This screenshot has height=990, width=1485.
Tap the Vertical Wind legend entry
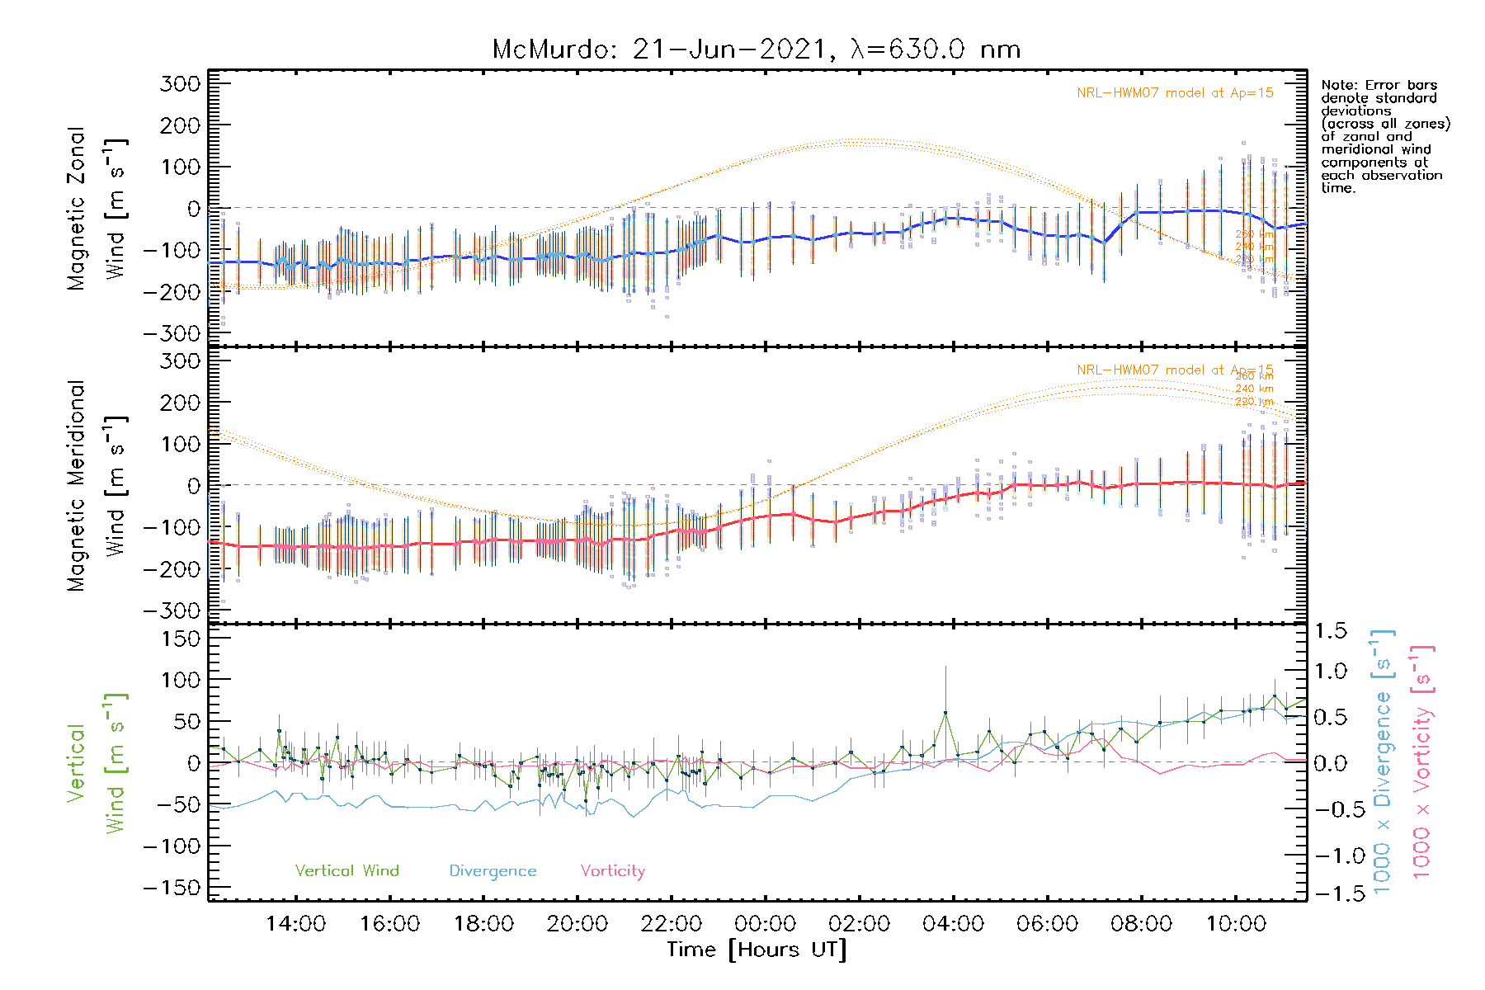(346, 870)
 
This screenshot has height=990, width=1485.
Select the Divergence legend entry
(493, 871)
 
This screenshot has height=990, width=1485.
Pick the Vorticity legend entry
(612, 870)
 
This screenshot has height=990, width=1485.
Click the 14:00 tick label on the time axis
(295, 924)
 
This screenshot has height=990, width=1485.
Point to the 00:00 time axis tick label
(766, 924)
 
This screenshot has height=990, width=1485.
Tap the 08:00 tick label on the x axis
(1141, 924)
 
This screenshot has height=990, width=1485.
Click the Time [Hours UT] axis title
(757, 950)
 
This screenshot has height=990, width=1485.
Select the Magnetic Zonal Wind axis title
(96, 208)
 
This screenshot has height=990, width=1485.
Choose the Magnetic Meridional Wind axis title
(96, 485)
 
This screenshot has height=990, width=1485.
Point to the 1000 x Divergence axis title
(1383, 761)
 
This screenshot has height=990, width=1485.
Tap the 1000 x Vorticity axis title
(1422, 761)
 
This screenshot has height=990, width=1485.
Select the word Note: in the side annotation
(1339, 85)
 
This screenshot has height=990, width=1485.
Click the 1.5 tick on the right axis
(1330, 631)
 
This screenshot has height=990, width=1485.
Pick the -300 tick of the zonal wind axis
(172, 333)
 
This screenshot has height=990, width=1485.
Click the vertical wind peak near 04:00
(945, 713)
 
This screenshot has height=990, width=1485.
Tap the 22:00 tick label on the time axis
(672, 924)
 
